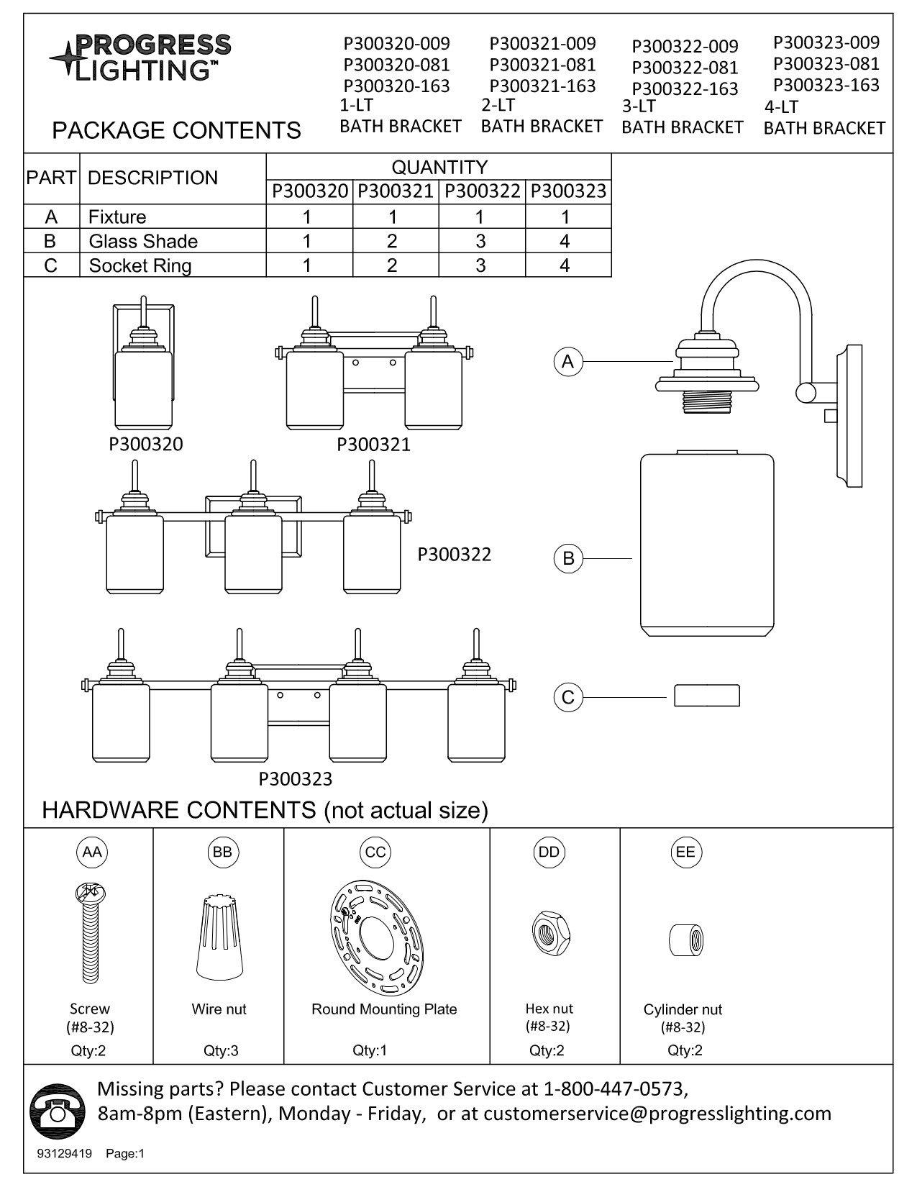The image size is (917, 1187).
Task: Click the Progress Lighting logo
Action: (140, 57)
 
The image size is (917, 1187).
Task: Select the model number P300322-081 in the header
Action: (685, 68)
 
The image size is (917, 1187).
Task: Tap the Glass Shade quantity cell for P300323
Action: (565, 241)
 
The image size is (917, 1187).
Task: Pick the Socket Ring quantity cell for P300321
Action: (392, 265)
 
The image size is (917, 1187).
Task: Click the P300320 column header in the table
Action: (309, 191)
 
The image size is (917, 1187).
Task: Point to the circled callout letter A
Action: (568, 361)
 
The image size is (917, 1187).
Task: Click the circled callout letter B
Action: (568, 558)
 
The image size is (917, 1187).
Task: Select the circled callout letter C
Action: (568, 696)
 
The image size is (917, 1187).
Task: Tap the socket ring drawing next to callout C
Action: (706, 696)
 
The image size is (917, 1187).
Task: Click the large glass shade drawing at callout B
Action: (707, 543)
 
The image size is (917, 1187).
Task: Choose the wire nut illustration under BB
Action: (219, 935)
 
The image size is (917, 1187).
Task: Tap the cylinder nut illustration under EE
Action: (685, 939)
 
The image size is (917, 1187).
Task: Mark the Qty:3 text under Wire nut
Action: (221, 1050)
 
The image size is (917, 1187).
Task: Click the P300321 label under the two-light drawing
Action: (373, 445)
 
